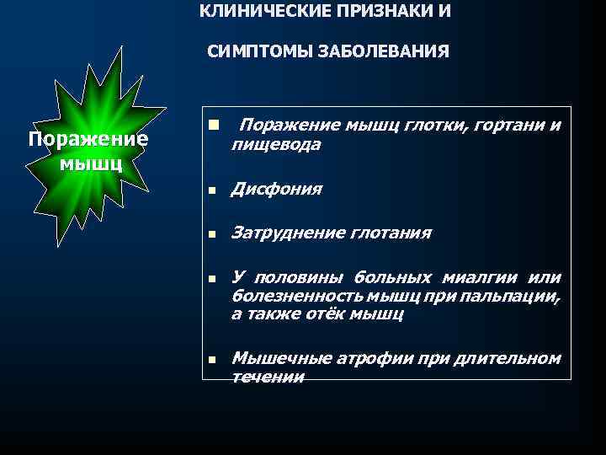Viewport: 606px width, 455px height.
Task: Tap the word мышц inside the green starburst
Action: [x=92, y=161]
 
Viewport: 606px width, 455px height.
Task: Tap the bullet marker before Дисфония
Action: [x=214, y=190]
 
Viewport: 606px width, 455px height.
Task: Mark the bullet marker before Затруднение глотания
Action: [x=214, y=234]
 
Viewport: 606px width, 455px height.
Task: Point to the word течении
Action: [x=267, y=377]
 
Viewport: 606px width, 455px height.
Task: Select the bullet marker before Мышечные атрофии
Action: [x=214, y=361]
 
